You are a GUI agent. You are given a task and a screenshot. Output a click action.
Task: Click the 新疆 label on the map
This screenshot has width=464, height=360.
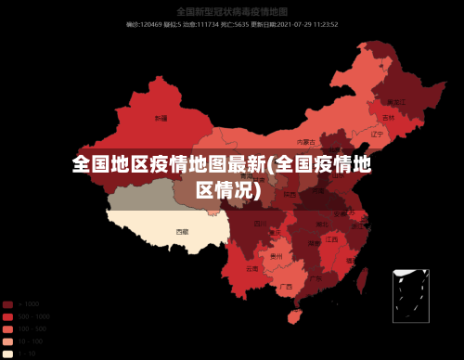tap(161, 119)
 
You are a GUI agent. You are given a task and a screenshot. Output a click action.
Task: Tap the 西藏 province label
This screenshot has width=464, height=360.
tap(182, 231)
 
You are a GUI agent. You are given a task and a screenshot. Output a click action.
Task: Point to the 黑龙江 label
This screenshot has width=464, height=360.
tap(396, 101)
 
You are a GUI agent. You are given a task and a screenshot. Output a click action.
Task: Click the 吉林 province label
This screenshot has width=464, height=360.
tap(388, 119)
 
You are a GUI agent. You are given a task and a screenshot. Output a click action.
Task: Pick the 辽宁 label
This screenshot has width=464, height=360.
tap(377, 135)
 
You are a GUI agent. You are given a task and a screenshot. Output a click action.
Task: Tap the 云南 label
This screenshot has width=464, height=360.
tap(252, 269)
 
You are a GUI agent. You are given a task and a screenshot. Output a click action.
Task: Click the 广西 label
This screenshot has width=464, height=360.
tap(286, 287)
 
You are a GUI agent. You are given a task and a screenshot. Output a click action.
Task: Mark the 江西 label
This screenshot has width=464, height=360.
tap(331, 239)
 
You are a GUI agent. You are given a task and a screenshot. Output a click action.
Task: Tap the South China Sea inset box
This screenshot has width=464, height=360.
tap(410, 296)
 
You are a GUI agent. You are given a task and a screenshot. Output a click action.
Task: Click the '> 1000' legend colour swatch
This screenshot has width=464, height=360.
tap(7, 304)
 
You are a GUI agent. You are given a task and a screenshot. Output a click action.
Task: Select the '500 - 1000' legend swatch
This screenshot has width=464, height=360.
tap(7, 316)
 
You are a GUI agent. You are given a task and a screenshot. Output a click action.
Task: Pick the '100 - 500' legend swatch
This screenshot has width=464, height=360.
tap(7, 328)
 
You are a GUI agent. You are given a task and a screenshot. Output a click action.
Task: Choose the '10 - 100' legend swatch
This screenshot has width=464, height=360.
tap(7, 341)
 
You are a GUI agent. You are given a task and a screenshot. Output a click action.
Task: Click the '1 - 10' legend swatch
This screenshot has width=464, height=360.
tap(7, 353)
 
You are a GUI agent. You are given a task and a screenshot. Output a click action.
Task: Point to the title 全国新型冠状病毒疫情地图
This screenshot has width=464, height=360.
tap(231, 12)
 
